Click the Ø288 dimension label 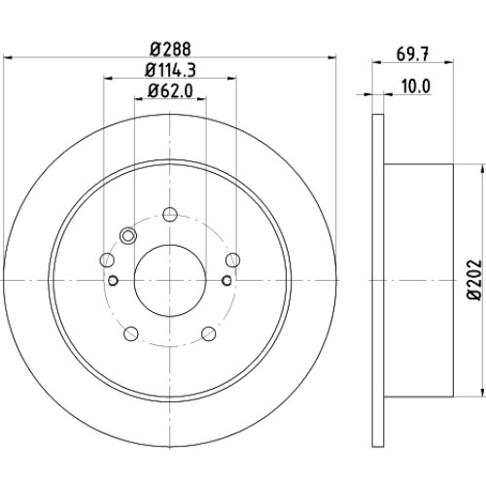pos(170,50)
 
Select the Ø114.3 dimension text pos(170,70)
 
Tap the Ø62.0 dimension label pos(170,90)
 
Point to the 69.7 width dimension pos(412,54)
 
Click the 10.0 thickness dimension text pos(416,87)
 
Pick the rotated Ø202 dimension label pos(473,280)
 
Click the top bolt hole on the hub pos(170,215)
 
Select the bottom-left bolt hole pos(131,333)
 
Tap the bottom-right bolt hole pos(209,333)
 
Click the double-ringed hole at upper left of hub pos(128,235)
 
